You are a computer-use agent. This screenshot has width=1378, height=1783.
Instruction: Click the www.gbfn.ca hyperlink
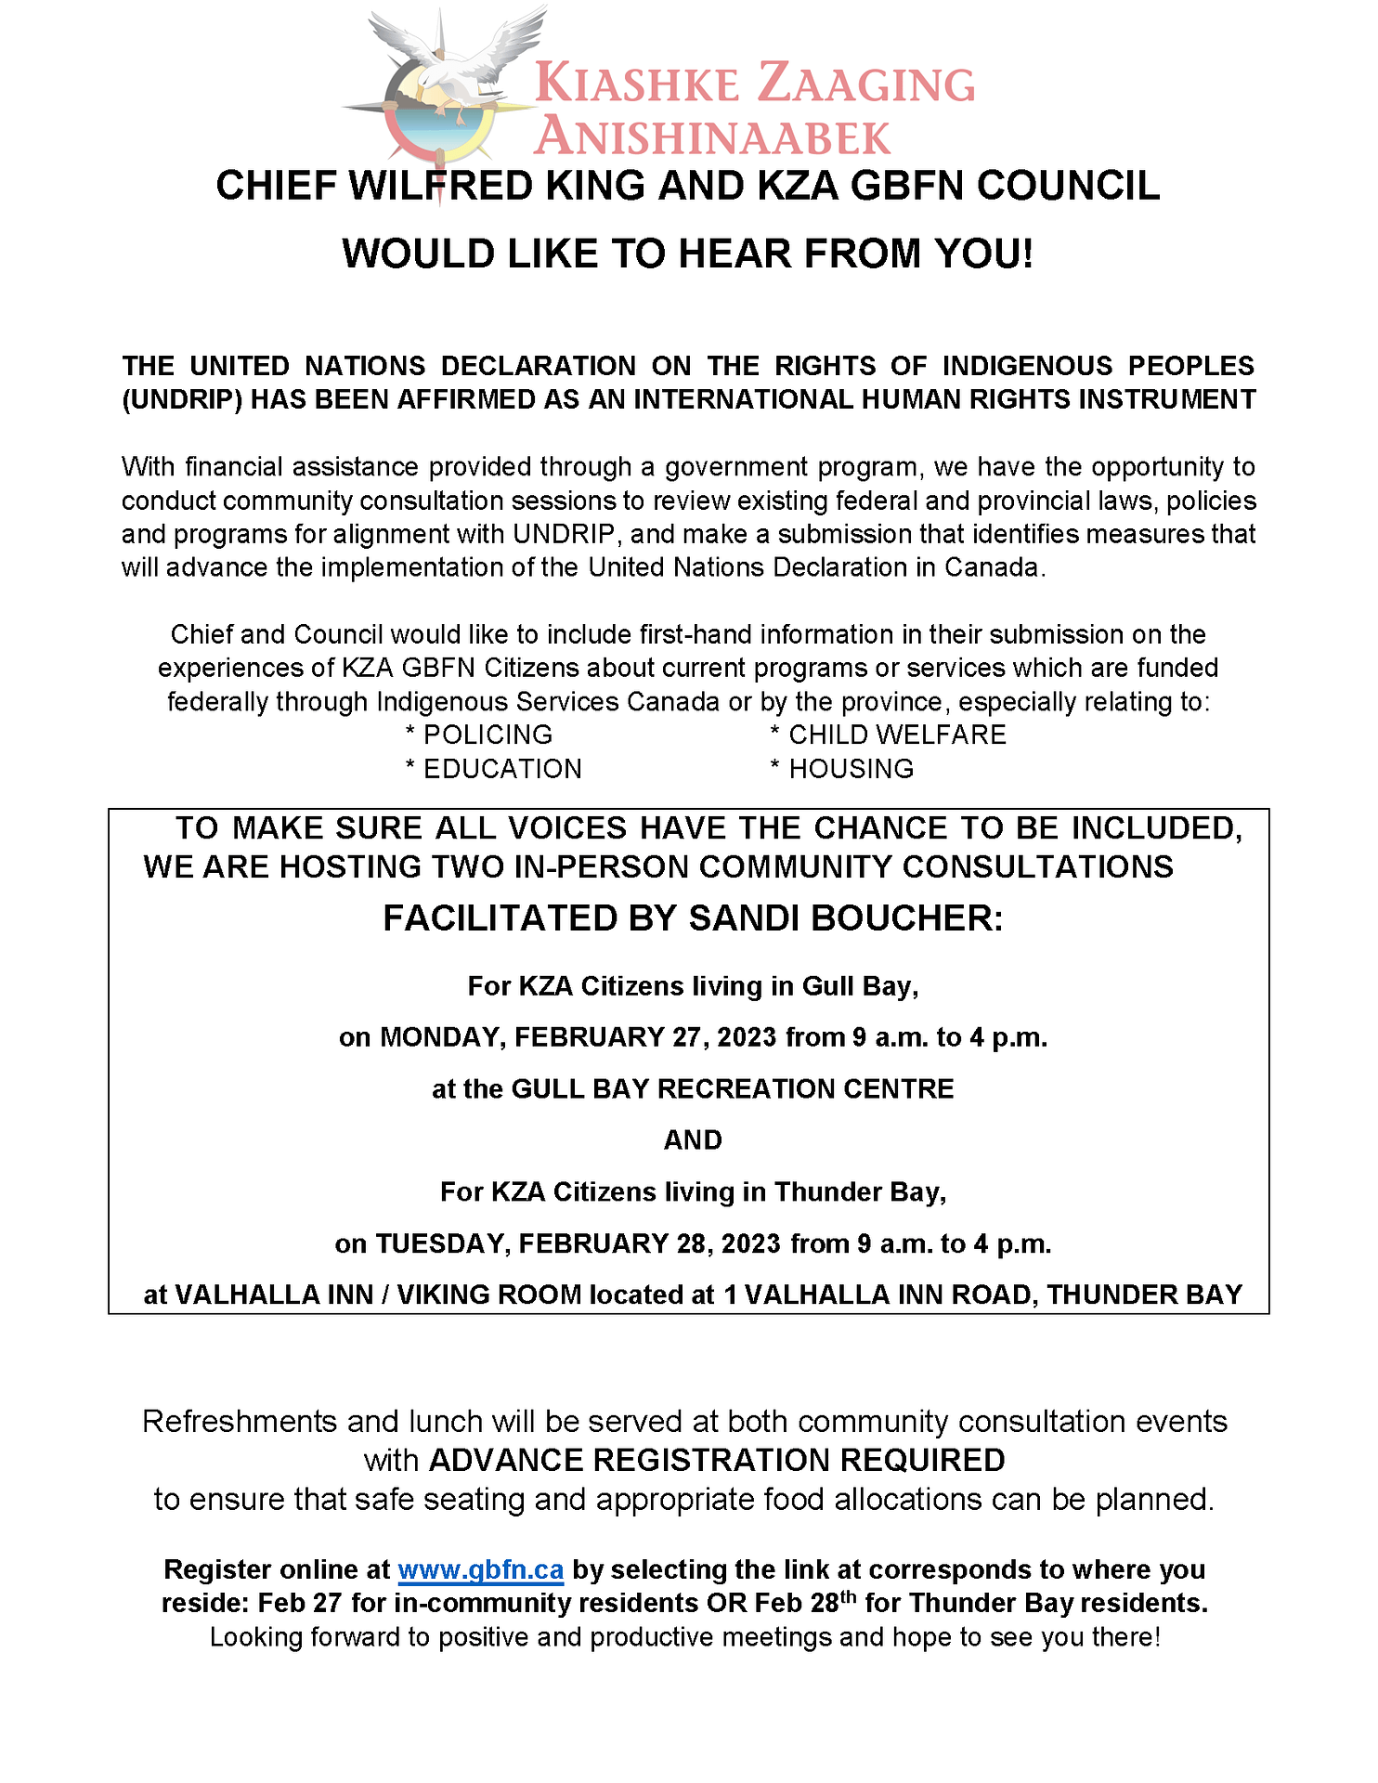click(480, 1569)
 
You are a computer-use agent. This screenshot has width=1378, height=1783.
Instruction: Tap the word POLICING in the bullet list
click(487, 735)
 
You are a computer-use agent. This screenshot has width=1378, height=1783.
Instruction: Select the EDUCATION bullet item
click(502, 769)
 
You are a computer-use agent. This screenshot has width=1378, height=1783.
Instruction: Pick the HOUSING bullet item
click(851, 769)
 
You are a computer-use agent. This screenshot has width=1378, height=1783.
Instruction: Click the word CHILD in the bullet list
click(828, 735)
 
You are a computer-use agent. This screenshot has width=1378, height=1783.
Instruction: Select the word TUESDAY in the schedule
click(441, 1243)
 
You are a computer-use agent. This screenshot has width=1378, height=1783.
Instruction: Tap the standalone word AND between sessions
click(693, 1140)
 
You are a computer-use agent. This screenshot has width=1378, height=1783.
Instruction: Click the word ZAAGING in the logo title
click(866, 85)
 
